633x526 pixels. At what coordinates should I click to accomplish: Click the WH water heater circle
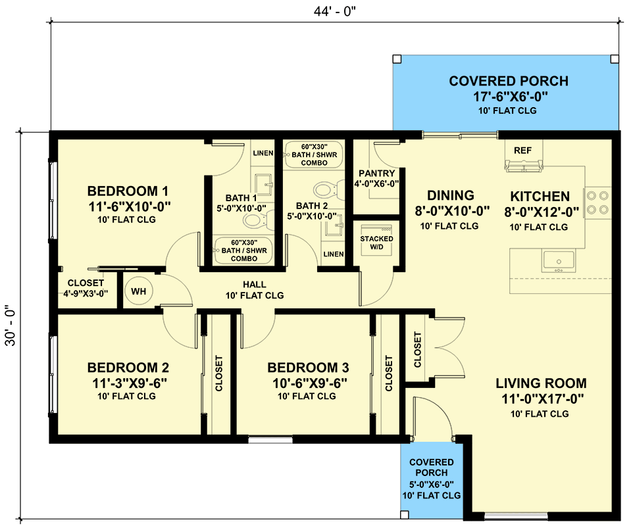pos(138,291)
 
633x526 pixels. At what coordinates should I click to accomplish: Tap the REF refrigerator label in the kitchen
pos(522,151)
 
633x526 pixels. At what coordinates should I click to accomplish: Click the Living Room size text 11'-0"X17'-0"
pos(540,398)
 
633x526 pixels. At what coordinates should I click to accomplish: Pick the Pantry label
pos(376,174)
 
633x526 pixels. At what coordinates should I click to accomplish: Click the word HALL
pos(254,285)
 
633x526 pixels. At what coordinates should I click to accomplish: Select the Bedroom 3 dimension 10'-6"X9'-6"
pos(308,383)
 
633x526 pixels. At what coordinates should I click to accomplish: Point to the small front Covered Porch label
pos(431,467)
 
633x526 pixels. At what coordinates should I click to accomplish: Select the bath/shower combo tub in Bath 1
pos(243,251)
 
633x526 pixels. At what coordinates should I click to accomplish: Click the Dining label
pos(450,195)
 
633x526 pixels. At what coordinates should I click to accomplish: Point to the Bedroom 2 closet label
pos(219,374)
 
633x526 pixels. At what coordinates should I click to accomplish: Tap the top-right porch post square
pos(615,59)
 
